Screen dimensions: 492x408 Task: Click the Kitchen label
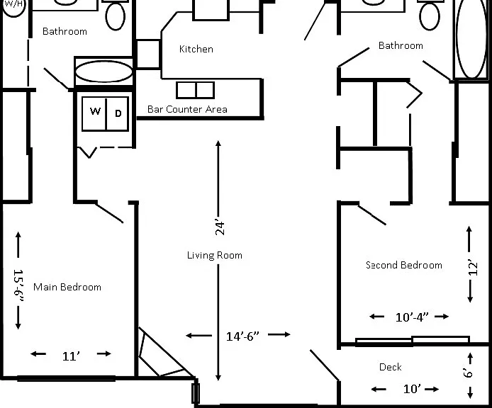[x=196, y=49]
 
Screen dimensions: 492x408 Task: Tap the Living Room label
[x=215, y=255]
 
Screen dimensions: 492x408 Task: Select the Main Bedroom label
[x=67, y=287]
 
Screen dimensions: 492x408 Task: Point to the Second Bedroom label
[x=404, y=265]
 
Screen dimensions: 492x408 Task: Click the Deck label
[x=391, y=367]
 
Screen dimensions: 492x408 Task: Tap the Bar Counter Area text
[x=187, y=109]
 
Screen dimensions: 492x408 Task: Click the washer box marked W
[x=94, y=113]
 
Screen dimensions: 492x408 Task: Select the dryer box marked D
[x=118, y=113]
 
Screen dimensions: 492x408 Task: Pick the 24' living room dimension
[x=220, y=228]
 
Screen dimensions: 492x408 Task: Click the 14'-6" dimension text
[x=243, y=336]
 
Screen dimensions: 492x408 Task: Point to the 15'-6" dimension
[x=19, y=285]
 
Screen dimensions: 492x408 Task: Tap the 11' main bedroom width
[x=71, y=356]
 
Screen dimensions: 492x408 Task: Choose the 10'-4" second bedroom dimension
[x=412, y=317]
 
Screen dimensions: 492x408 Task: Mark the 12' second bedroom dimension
[x=473, y=267]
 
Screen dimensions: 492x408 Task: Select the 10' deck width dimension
[x=412, y=389]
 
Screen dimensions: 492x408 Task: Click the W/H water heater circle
[x=13, y=6]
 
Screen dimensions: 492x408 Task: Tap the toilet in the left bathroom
[x=116, y=14]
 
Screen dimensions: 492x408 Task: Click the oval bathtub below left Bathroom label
[x=104, y=72]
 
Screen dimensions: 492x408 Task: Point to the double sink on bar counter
[x=196, y=91]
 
